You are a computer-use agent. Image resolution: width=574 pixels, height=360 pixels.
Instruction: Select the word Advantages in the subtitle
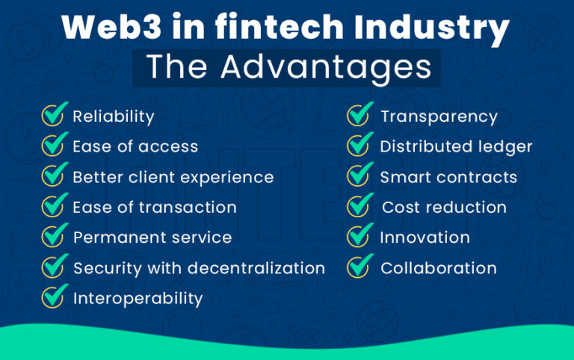(x=328, y=67)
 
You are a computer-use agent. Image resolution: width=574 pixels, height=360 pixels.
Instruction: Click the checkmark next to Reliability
(x=54, y=116)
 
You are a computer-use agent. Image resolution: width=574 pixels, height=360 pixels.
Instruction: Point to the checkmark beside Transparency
(x=361, y=116)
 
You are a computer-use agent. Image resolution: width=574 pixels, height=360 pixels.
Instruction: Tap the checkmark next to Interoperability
(x=54, y=297)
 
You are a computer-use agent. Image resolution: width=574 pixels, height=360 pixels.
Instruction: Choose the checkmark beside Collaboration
(x=361, y=267)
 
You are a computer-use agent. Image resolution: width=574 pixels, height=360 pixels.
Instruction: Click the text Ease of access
(x=135, y=146)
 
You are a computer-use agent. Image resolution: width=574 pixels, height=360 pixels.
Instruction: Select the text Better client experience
(x=173, y=177)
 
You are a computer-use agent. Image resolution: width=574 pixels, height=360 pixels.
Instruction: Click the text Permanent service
(x=152, y=238)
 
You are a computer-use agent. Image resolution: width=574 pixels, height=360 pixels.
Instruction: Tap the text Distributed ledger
(x=456, y=146)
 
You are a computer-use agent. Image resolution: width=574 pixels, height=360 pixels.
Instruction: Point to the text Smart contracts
(x=448, y=177)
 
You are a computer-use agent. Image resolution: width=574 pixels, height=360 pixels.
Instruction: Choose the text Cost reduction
(x=444, y=208)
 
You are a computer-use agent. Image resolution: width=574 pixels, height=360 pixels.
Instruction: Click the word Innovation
(x=425, y=238)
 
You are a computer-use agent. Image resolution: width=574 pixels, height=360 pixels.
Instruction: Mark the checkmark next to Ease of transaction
(x=54, y=206)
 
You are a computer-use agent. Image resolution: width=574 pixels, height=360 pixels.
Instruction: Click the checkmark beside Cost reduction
(x=361, y=206)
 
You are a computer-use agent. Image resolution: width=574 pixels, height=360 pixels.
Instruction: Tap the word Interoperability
(x=138, y=299)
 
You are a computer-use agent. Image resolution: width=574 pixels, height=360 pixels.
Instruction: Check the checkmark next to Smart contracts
(x=361, y=176)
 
